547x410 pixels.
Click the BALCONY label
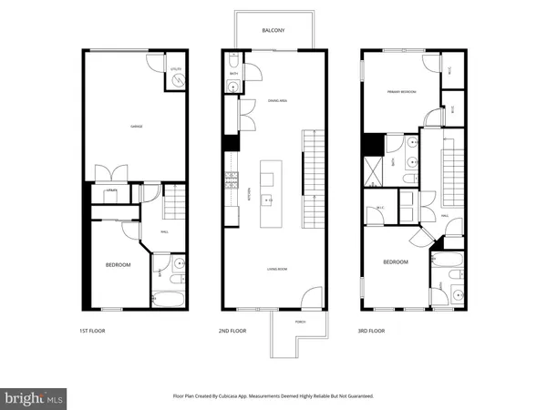pyautogui.click(x=273, y=30)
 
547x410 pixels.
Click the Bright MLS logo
pyautogui.click(x=35, y=397)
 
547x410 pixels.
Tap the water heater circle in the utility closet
pyautogui.click(x=177, y=81)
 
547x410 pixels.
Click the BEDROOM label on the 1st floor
pyautogui.click(x=119, y=265)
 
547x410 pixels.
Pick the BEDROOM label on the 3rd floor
pyautogui.click(x=395, y=262)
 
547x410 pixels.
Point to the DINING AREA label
pyautogui.click(x=277, y=102)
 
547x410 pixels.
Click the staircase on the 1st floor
pyautogui.click(x=173, y=201)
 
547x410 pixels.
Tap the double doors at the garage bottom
pyautogui.click(x=111, y=172)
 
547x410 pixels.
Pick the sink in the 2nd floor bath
pyautogui.click(x=233, y=87)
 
